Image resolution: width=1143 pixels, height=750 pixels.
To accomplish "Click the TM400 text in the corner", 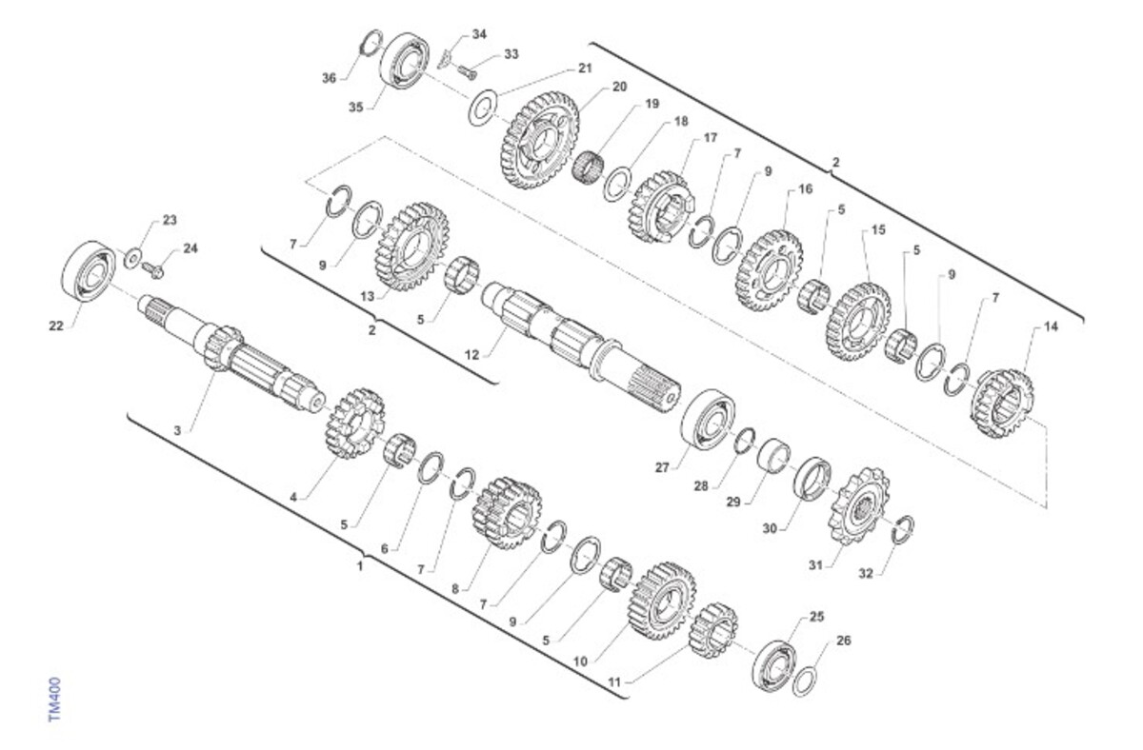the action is [55, 699].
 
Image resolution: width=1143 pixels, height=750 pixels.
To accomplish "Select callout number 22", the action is [55, 326].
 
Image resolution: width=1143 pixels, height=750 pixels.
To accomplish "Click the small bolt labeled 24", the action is [153, 269].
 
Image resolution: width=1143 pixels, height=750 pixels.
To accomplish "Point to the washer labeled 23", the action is [132, 258].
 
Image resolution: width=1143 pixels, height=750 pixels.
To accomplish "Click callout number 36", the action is [330, 78].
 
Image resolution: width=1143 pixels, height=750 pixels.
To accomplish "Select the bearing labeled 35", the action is [405, 60].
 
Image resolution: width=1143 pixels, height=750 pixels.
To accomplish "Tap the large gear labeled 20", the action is [538, 140].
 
